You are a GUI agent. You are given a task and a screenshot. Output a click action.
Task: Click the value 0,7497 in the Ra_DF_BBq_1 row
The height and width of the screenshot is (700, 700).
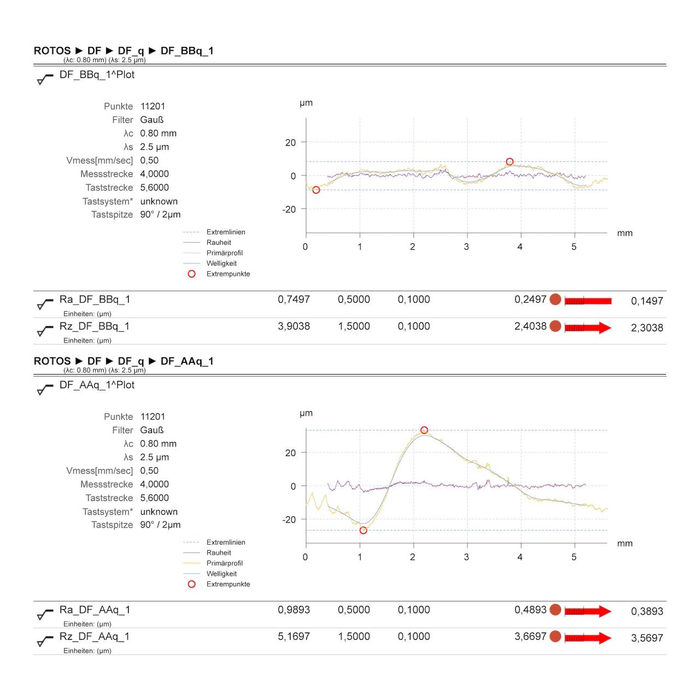click(x=294, y=300)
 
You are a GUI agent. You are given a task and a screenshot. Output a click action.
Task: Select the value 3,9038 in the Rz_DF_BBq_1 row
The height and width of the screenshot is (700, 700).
click(x=294, y=326)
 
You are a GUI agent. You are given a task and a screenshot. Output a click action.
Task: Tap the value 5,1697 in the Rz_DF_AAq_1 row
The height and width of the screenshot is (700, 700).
click(x=294, y=637)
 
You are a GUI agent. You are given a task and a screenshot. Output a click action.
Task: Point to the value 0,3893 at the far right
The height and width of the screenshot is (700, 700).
click(x=647, y=611)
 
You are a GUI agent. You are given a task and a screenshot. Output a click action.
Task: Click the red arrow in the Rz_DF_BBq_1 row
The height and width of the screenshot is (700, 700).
click(x=588, y=328)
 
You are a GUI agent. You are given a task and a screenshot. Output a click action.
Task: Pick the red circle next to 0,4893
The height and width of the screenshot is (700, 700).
click(x=555, y=610)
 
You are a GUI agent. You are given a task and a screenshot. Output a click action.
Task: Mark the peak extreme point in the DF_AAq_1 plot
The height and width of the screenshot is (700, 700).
click(x=424, y=430)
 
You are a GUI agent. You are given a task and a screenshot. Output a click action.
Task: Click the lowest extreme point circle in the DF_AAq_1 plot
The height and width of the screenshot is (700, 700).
click(x=363, y=530)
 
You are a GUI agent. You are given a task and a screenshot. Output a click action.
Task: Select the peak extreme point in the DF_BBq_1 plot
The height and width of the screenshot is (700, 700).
click(x=510, y=162)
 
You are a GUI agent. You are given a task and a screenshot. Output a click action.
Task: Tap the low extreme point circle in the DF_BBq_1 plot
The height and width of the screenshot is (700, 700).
click(x=316, y=190)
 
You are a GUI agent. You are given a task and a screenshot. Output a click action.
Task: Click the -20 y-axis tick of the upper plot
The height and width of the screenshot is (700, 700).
click(x=289, y=209)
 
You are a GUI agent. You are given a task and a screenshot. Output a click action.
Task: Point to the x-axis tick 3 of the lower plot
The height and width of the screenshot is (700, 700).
click(x=466, y=557)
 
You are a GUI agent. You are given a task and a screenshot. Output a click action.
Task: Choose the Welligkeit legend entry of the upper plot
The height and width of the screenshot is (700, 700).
click(x=221, y=264)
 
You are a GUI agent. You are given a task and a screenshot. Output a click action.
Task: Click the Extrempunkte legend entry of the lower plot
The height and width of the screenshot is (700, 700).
click(x=228, y=584)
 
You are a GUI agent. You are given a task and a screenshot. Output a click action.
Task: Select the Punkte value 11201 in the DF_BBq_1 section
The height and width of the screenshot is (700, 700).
click(x=153, y=107)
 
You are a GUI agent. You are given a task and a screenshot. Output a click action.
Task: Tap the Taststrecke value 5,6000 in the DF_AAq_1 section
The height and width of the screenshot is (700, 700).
click(x=154, y=498)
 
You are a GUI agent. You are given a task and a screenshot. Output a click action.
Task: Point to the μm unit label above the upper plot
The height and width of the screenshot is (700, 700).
click(x=306, y=103)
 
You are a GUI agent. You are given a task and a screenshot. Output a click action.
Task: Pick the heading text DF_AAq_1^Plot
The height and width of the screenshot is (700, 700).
click(x=97, y=385)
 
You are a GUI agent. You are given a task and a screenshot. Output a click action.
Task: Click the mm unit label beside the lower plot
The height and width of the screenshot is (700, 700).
click(x=625, y=544)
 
